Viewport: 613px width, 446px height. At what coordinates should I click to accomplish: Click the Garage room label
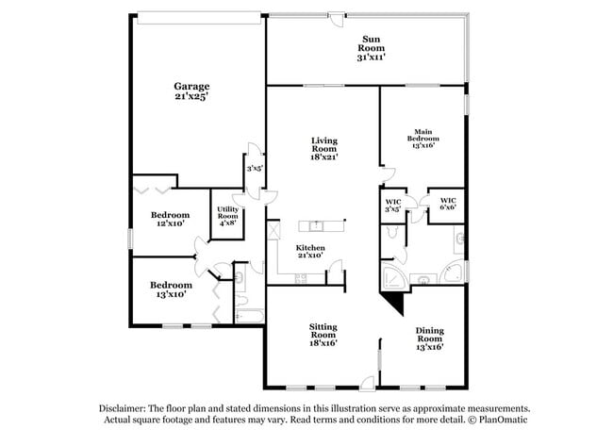(191, 91)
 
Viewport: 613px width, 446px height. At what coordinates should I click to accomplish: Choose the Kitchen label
(310, 251)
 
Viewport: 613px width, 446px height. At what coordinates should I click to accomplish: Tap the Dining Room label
(430, 337)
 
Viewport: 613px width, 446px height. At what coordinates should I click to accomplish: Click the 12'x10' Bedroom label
(171, 219)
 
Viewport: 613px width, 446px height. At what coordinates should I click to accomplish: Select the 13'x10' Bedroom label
(171, 289)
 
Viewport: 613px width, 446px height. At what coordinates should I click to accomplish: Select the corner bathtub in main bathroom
(394, 274)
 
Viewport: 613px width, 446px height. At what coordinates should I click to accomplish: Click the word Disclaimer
(125, 408)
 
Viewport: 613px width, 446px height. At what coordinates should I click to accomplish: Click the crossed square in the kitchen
(274, 229)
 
